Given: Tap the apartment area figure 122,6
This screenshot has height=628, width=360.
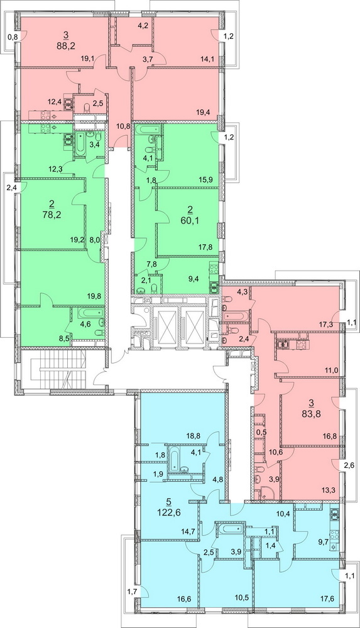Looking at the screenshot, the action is (x=173, y=511).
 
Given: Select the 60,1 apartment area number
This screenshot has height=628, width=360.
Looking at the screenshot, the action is (x=191, y=219).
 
